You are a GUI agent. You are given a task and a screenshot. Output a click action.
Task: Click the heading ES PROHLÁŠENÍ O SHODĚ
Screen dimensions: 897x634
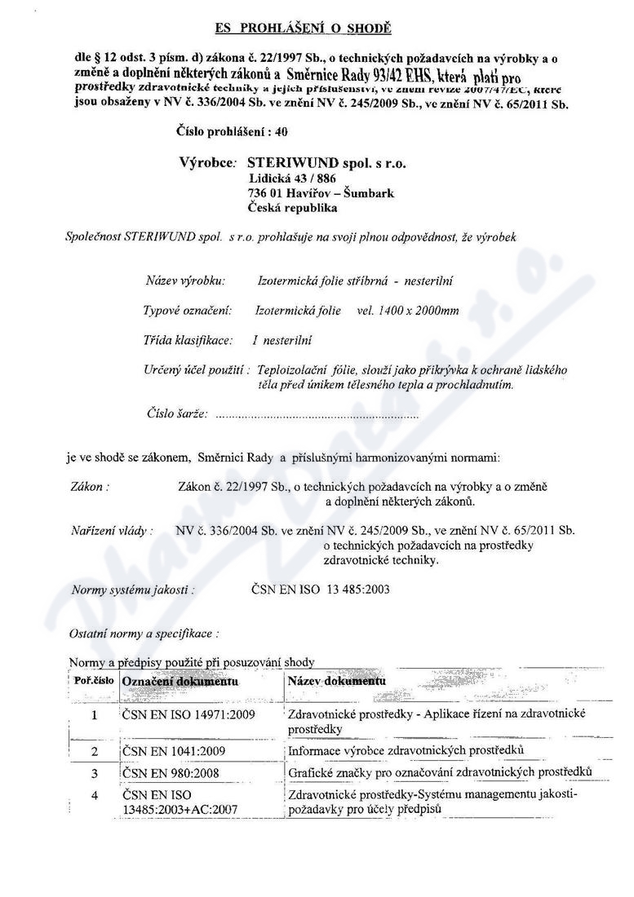(304, 29)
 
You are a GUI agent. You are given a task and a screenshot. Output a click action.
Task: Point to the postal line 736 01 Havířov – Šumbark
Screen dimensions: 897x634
(321, 193)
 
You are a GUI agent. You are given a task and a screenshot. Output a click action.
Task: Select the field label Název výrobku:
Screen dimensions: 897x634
(185, 281)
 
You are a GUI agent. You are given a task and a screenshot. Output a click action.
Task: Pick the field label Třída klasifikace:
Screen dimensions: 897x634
(188, 340)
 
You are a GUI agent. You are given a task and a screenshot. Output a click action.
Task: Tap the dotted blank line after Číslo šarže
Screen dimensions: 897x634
(319, 415)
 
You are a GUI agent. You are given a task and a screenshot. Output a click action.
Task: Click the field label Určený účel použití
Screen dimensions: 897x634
(196, 369)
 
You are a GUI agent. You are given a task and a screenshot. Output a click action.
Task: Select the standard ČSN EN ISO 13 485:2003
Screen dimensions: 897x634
(310, 589)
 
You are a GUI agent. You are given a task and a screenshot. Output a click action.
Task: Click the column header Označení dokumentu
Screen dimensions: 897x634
(180, 680)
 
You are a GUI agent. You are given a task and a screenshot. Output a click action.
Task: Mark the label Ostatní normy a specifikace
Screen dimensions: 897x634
(144, 632)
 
